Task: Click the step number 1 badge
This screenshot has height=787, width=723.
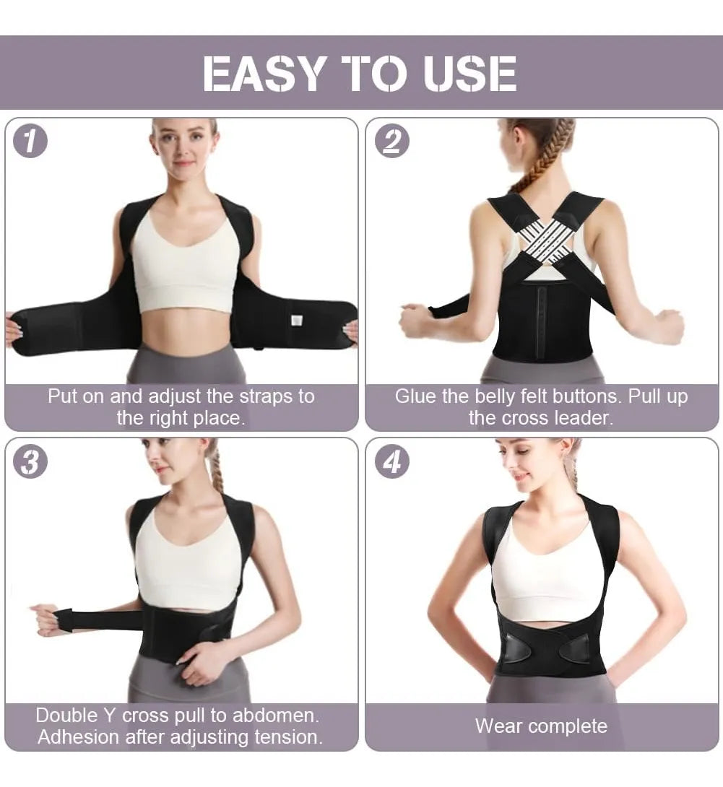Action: (30, 141)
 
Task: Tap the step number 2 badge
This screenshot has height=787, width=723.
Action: (392, 141)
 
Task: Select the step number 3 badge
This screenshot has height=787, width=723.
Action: (30, 461)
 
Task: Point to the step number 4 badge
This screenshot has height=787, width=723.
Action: (392, 461)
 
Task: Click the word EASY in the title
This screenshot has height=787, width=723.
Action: (263, 74)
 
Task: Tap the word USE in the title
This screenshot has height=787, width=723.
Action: (469, 74)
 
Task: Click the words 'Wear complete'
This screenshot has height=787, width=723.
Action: (541, 726)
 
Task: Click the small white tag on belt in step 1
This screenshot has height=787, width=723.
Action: (298, 321)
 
